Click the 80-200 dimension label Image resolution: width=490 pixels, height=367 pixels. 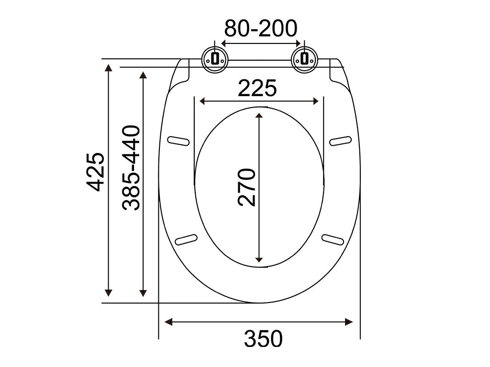pos(261,28)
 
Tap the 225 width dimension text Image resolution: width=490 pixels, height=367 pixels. pos(257,88)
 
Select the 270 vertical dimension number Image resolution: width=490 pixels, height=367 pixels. pos(246,187)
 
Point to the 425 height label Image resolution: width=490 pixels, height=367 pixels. pos(95,172)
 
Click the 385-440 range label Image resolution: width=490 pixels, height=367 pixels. pos(131,168)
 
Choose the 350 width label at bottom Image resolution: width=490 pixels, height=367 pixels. pos(263,339)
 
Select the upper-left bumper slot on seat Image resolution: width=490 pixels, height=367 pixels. pos(178,141)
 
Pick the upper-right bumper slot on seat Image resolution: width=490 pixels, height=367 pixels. pos(341,141)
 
